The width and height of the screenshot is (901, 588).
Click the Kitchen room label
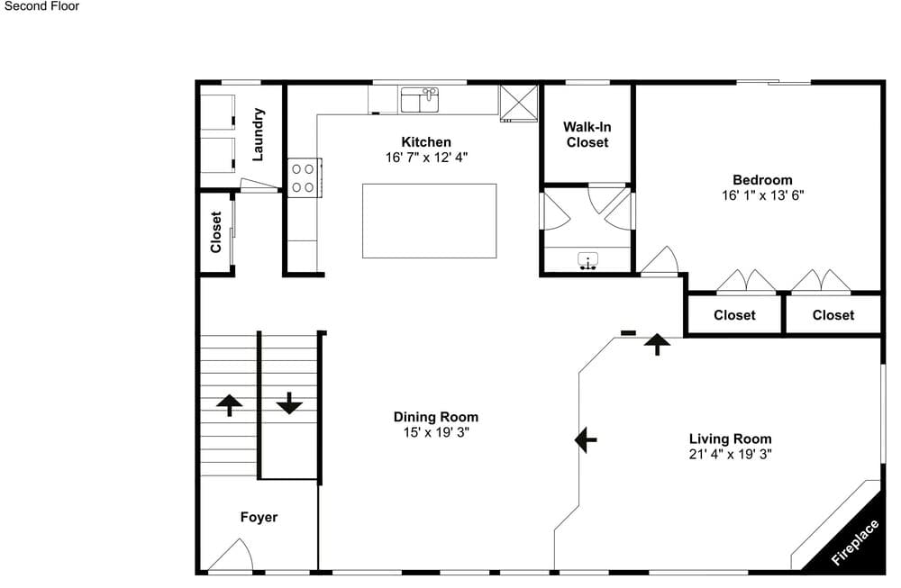tap(426, 142)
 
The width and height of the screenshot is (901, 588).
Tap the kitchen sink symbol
tap(420, 100)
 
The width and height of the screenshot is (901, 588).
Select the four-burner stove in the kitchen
tap(304, 178)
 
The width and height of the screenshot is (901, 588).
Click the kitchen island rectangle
tap(429, 222)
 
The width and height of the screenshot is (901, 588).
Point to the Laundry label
tap(258, 134)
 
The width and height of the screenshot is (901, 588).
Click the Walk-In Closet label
tap(587, 134)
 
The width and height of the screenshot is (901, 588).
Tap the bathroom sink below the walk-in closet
tap(587, 261)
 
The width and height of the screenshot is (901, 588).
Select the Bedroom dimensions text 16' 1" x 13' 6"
tap(762, 195)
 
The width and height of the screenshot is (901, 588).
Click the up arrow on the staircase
tap(229, 405)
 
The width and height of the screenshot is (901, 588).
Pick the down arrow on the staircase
tap(289, 403)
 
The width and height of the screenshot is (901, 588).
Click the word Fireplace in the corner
tap(855, 543)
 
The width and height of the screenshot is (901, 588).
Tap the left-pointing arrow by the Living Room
tap(586, 439)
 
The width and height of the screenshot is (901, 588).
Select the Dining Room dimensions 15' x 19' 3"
tap(436, 432)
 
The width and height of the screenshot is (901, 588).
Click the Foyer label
tap(259, 518)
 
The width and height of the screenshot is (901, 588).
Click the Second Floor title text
tap(41, 6)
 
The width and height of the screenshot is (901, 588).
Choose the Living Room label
tap(731, 439)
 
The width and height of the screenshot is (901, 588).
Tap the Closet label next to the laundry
tap(216, 232)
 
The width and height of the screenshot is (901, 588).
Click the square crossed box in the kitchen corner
tap(518, 104)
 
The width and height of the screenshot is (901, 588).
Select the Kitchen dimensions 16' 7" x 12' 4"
tap(426, 158)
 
